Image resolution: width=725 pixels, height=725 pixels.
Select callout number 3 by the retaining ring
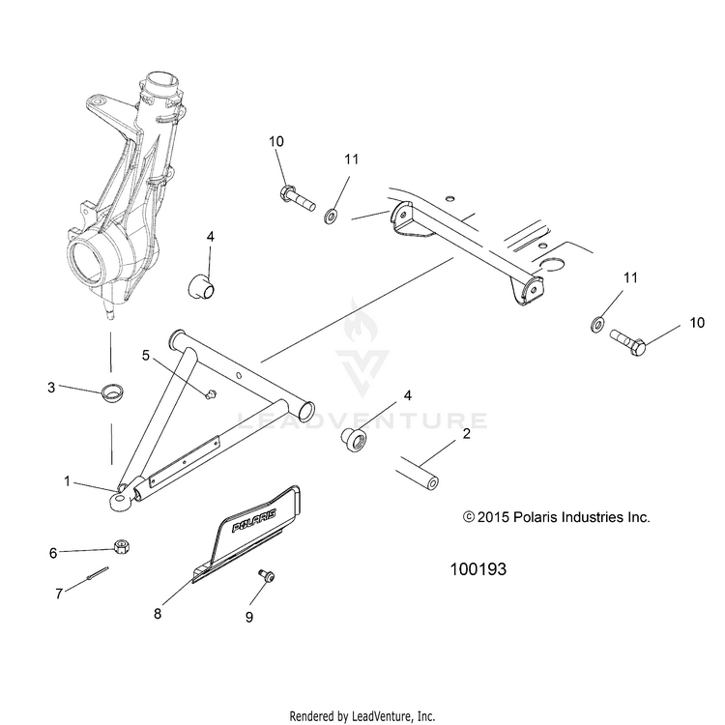tap(51, 388)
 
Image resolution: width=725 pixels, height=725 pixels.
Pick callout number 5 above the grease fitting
tap(145, 356)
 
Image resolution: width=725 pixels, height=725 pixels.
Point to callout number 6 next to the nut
tap(54, 552)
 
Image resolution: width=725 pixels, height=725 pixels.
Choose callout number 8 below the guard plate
tap(158, 612)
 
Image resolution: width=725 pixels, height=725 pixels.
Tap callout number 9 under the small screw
tap(248, 616)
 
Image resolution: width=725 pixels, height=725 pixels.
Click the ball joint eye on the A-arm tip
tap(119, 499)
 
